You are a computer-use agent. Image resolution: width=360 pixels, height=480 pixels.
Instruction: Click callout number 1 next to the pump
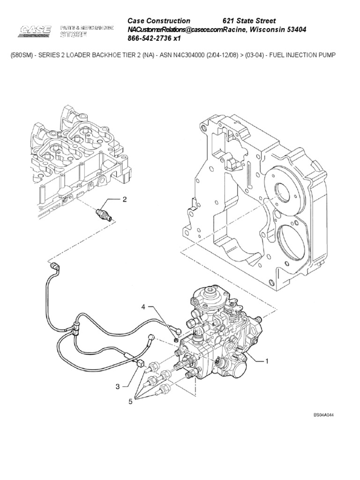tap(267, 361)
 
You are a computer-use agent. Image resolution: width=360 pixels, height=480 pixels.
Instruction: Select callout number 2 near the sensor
tap(125, 200)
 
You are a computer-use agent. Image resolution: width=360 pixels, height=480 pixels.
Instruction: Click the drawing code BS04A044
tap(326, 415)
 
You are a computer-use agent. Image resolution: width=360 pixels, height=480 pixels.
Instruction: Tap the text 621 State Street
tap(249, 21)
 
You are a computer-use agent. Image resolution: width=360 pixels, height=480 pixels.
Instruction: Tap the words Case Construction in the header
tap(159, 21)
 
